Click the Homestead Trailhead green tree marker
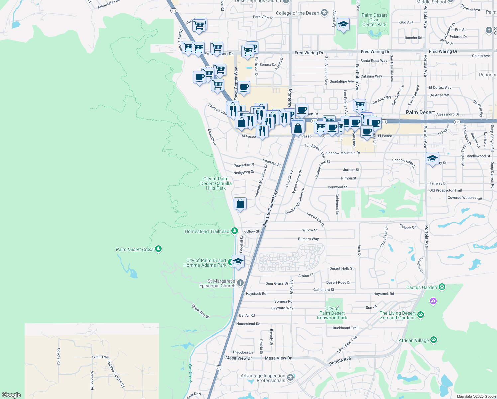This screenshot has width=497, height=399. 235,231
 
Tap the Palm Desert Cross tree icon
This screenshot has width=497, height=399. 158,249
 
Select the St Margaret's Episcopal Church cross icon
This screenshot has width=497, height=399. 240,283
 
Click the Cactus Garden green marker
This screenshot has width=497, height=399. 442,287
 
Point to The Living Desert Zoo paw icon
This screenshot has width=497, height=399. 421,314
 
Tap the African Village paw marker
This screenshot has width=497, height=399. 434,340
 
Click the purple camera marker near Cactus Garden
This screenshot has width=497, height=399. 433,301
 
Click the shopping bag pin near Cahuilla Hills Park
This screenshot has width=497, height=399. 240,203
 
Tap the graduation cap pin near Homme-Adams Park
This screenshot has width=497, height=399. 238,261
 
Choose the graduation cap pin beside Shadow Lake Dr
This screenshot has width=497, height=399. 432,158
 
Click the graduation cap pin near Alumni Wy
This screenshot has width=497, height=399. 343,24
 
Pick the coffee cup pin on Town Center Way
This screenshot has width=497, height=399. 244,87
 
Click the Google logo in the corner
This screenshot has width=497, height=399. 11,395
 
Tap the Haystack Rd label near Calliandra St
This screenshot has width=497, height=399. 383,294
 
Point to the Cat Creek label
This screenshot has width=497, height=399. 190,373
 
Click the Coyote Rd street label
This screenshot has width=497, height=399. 59,356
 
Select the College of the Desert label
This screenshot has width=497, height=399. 298,13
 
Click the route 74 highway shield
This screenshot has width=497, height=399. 218,367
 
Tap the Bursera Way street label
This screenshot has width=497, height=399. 308,239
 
